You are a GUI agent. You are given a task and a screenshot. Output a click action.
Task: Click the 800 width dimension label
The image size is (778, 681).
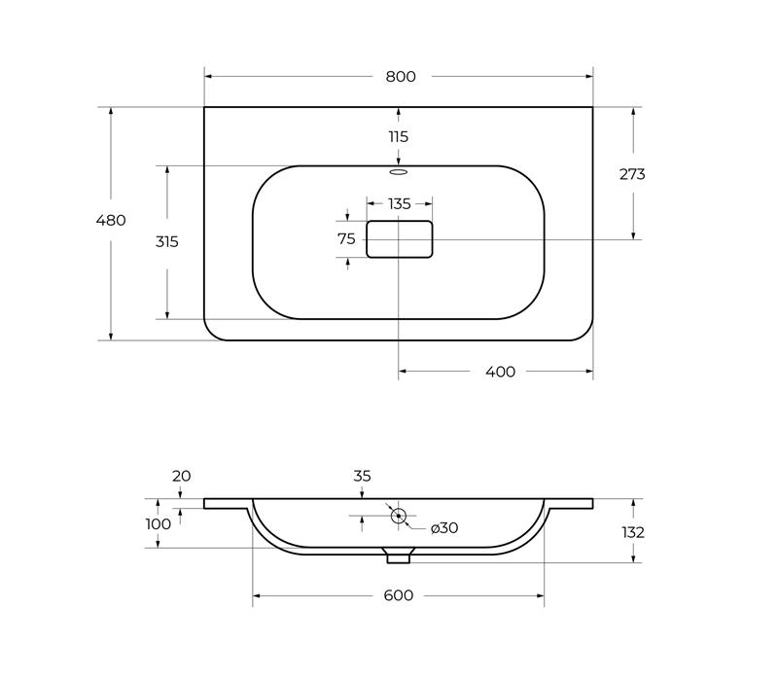(401, 77)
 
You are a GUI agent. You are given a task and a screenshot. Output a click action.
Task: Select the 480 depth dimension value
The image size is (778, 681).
(111, 220)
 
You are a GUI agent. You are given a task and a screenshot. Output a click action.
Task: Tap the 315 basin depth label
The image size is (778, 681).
(166, 241)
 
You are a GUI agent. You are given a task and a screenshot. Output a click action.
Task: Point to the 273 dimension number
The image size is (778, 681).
(632, 174)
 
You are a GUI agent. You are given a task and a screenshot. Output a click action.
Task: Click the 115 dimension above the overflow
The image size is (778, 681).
(399, 136)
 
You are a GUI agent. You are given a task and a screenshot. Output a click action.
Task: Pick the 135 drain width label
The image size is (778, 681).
(400, 204)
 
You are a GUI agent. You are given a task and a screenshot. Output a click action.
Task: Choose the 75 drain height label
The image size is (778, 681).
(346, 239)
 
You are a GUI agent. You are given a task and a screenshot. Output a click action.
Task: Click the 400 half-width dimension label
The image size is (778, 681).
(500, 372)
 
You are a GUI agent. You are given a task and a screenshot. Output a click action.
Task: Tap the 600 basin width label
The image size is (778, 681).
(399, 595)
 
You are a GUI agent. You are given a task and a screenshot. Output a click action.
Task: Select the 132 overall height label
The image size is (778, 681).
(633, 532)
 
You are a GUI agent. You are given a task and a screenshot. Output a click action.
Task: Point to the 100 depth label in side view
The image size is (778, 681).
(159, 524)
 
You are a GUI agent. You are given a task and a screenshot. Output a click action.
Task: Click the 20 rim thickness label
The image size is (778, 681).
(181, 476)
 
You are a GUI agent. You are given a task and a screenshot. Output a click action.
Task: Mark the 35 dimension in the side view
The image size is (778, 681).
(362, 476)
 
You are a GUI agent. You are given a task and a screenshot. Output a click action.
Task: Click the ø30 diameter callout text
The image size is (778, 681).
(444, 528)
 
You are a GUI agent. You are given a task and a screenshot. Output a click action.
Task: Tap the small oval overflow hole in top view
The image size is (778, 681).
(399, 172)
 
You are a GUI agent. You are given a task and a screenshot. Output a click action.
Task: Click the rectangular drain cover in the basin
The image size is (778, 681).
(400, 239)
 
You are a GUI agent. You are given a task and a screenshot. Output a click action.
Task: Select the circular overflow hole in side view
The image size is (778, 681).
(399, 516)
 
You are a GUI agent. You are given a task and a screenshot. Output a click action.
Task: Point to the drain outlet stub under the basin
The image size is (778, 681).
(399, 556)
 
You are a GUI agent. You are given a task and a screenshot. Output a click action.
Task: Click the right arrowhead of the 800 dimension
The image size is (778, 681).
(589, 77)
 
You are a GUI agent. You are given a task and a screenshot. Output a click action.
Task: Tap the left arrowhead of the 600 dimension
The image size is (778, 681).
(257, 595)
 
